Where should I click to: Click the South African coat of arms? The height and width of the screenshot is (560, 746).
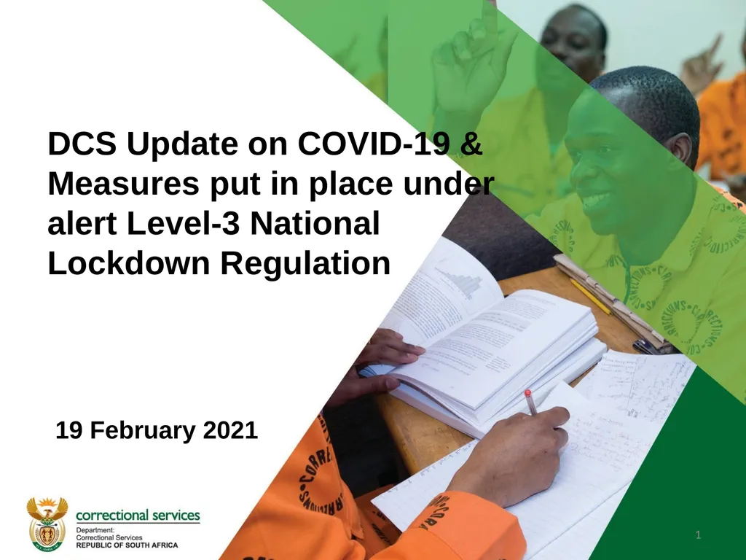pyautogui.click(x=47, y=524)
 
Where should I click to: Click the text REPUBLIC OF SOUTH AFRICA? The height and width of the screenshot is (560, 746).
pyautogui.click(x=127, y=545)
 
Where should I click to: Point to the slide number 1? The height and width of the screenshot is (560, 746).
pyautogui.click(x=698, y=537)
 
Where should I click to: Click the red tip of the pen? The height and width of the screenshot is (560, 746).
pyautogui.click(x=527, y=394)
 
